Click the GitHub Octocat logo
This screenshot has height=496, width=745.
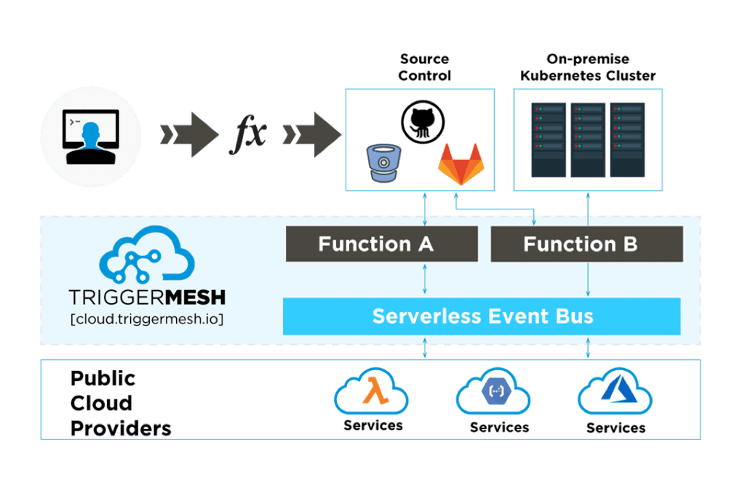click(423, 121)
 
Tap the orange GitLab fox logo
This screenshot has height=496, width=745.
click(461, 164)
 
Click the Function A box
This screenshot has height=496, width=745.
click(381, 244)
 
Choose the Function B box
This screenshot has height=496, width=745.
click(587, 244)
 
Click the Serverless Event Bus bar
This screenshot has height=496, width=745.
click(482, 316)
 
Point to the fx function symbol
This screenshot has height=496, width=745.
click(247, 134)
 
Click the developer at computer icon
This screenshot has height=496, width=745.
click(90, 137)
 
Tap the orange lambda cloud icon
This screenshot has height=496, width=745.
click(371, 391)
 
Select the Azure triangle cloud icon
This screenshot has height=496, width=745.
click(615, 391)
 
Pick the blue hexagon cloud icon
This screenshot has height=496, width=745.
click(493, 391)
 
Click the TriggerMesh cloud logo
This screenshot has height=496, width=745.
click(146, 255)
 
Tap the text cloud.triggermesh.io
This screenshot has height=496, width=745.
click(147, 319)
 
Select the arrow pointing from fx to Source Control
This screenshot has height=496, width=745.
click(311, 135)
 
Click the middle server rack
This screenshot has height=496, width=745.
click(588, 140)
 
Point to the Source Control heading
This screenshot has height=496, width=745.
click(424, 67)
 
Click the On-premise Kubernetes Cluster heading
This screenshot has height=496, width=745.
click(588, 67)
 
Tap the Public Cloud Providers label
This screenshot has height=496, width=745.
click(121, 404)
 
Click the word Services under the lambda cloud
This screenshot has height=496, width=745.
click(373, 425)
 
